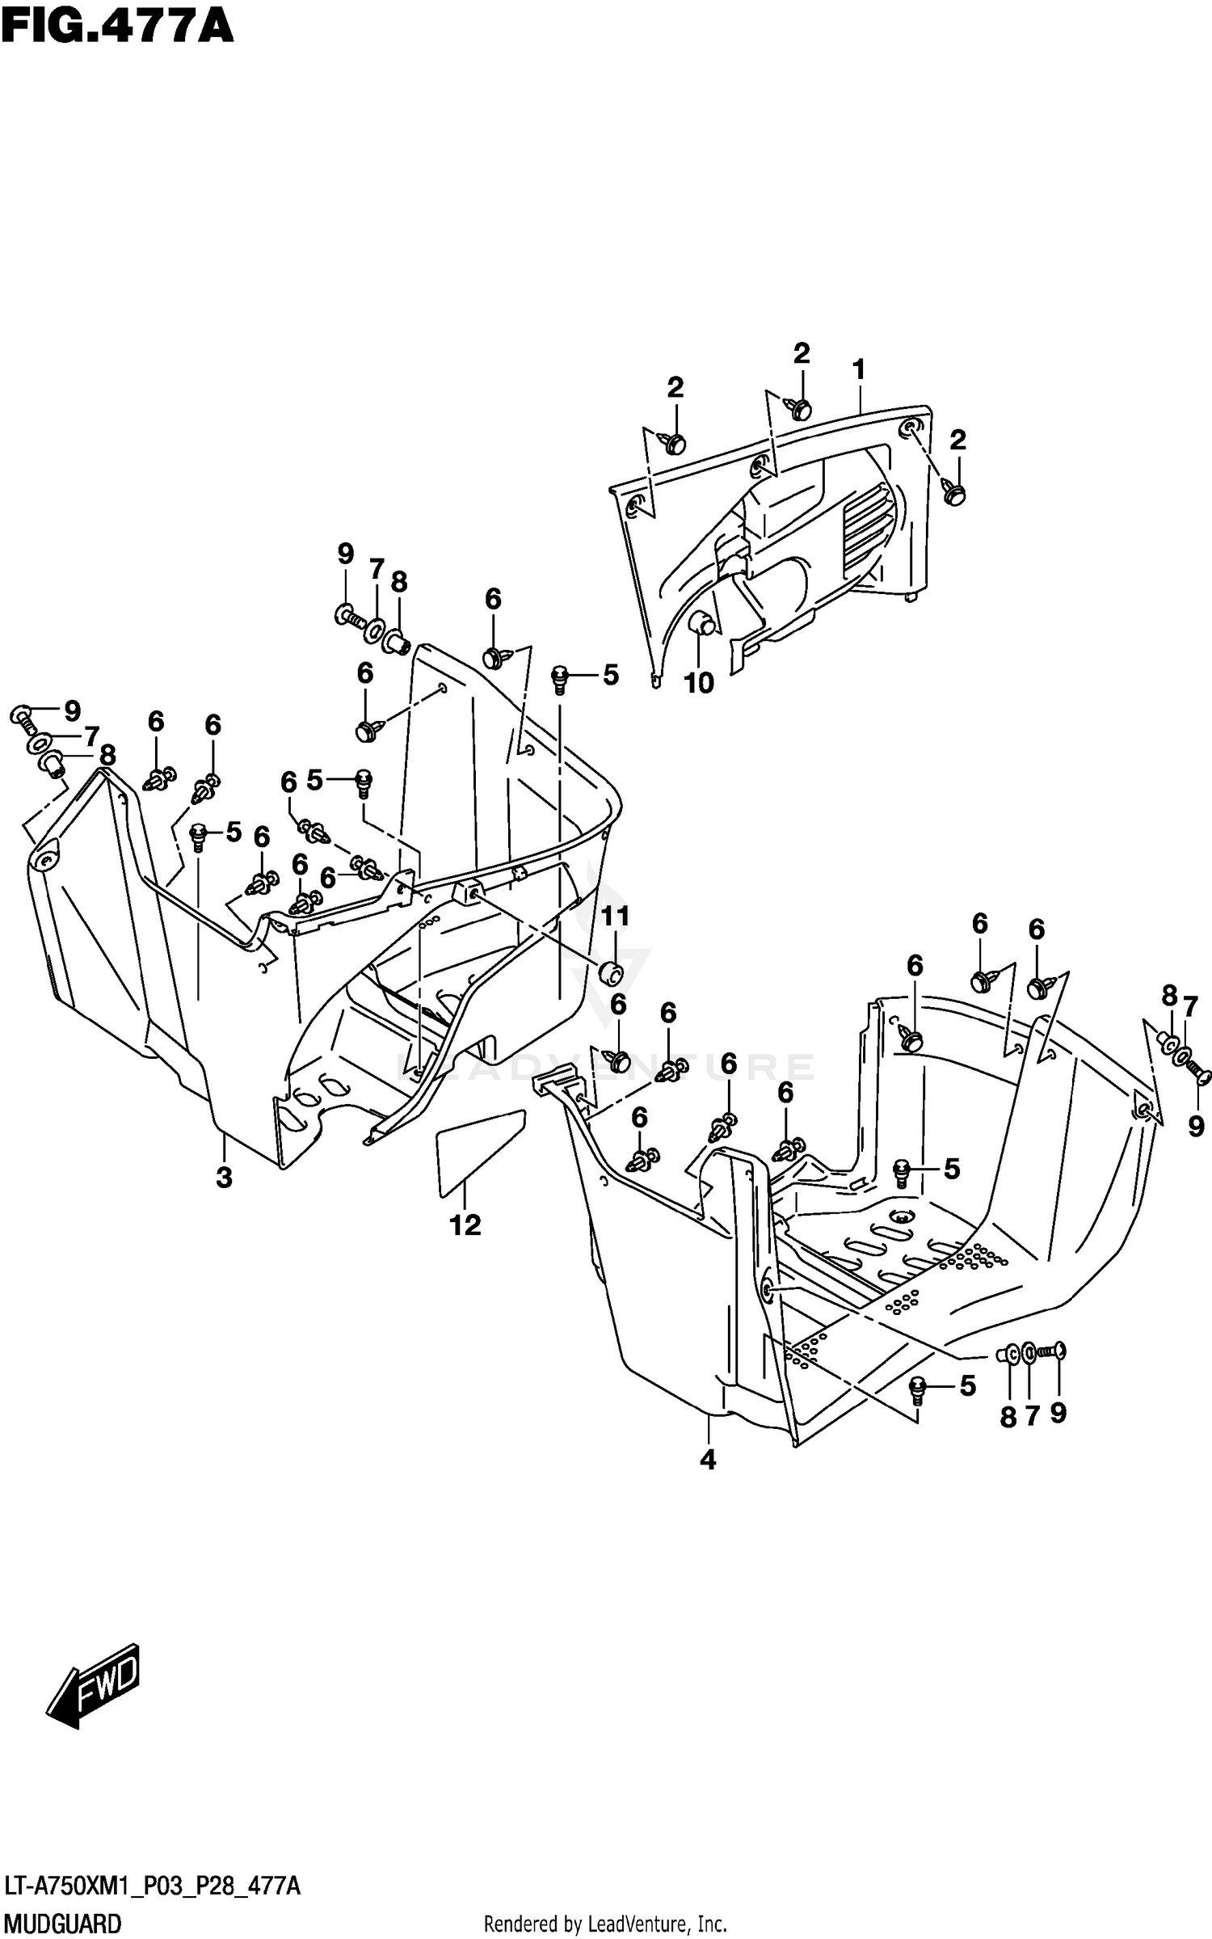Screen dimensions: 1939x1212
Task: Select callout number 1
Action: pyautogui.click(x=859, y=370)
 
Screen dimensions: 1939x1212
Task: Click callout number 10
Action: pyautogui.click(x=699, y=683)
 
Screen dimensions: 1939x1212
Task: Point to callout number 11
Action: pyautogui.click(x=614, y=917)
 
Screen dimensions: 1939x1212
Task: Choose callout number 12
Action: pyautogui.click(x=465, y=1225)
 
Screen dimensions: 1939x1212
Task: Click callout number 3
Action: pyautogui.click(x=224, y=1178)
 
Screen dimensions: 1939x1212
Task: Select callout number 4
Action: pyautogui.click(x=708, y=1460)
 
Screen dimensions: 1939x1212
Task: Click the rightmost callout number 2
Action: pyautogui.click(x=957, y=440)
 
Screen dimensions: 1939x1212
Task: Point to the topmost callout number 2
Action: pyautogui.click(x=801, y=352)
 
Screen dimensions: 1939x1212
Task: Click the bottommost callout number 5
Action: pyautogui.click(x=967, y=1386)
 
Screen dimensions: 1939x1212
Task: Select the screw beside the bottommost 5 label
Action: pyautogui.click(x=916, y=1387)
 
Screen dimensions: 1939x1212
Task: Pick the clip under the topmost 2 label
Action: pyautogui.click(x=800, y=409)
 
